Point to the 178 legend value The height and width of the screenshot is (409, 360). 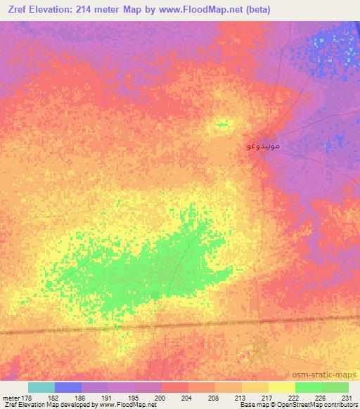coord(28,397)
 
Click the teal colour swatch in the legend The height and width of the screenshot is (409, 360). coord(41,387)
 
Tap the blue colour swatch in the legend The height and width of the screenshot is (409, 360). coord(68,387)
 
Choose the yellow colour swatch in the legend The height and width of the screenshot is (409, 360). coord(282,387)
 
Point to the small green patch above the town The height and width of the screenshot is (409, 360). coord(222,124)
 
